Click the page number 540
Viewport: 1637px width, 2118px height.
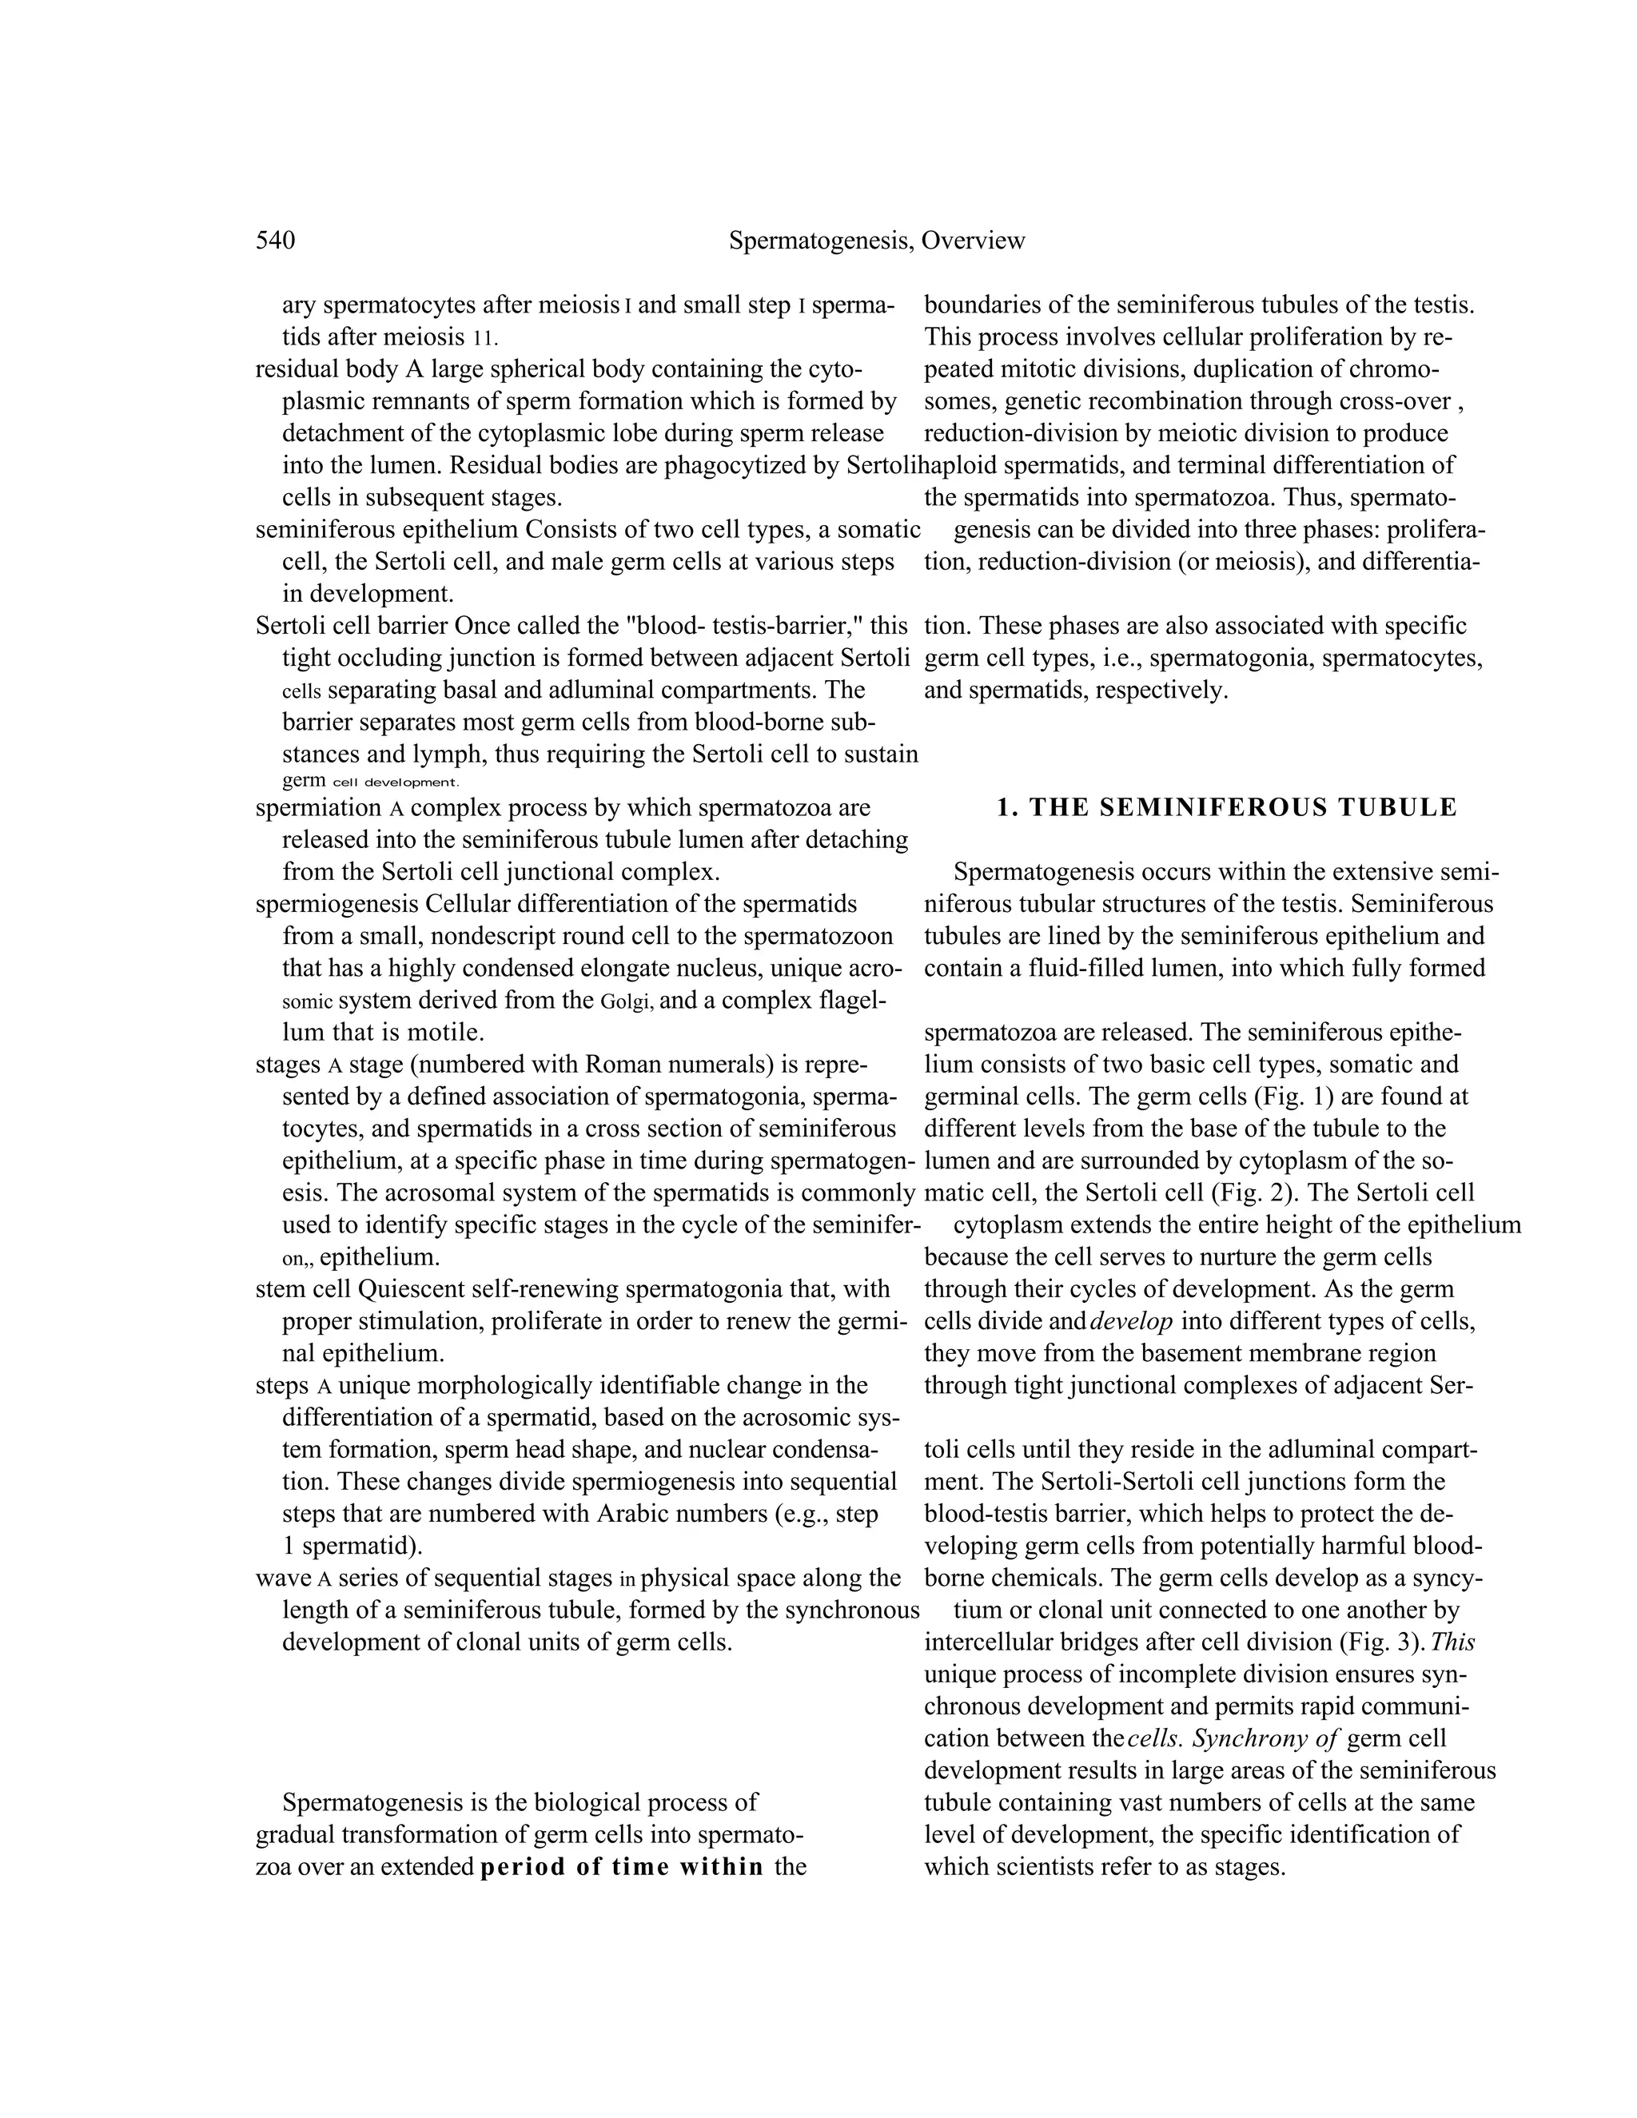point(276,241)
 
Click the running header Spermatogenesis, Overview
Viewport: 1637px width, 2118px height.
point(876,241)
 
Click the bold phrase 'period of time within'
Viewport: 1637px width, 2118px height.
point(622,1867)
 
